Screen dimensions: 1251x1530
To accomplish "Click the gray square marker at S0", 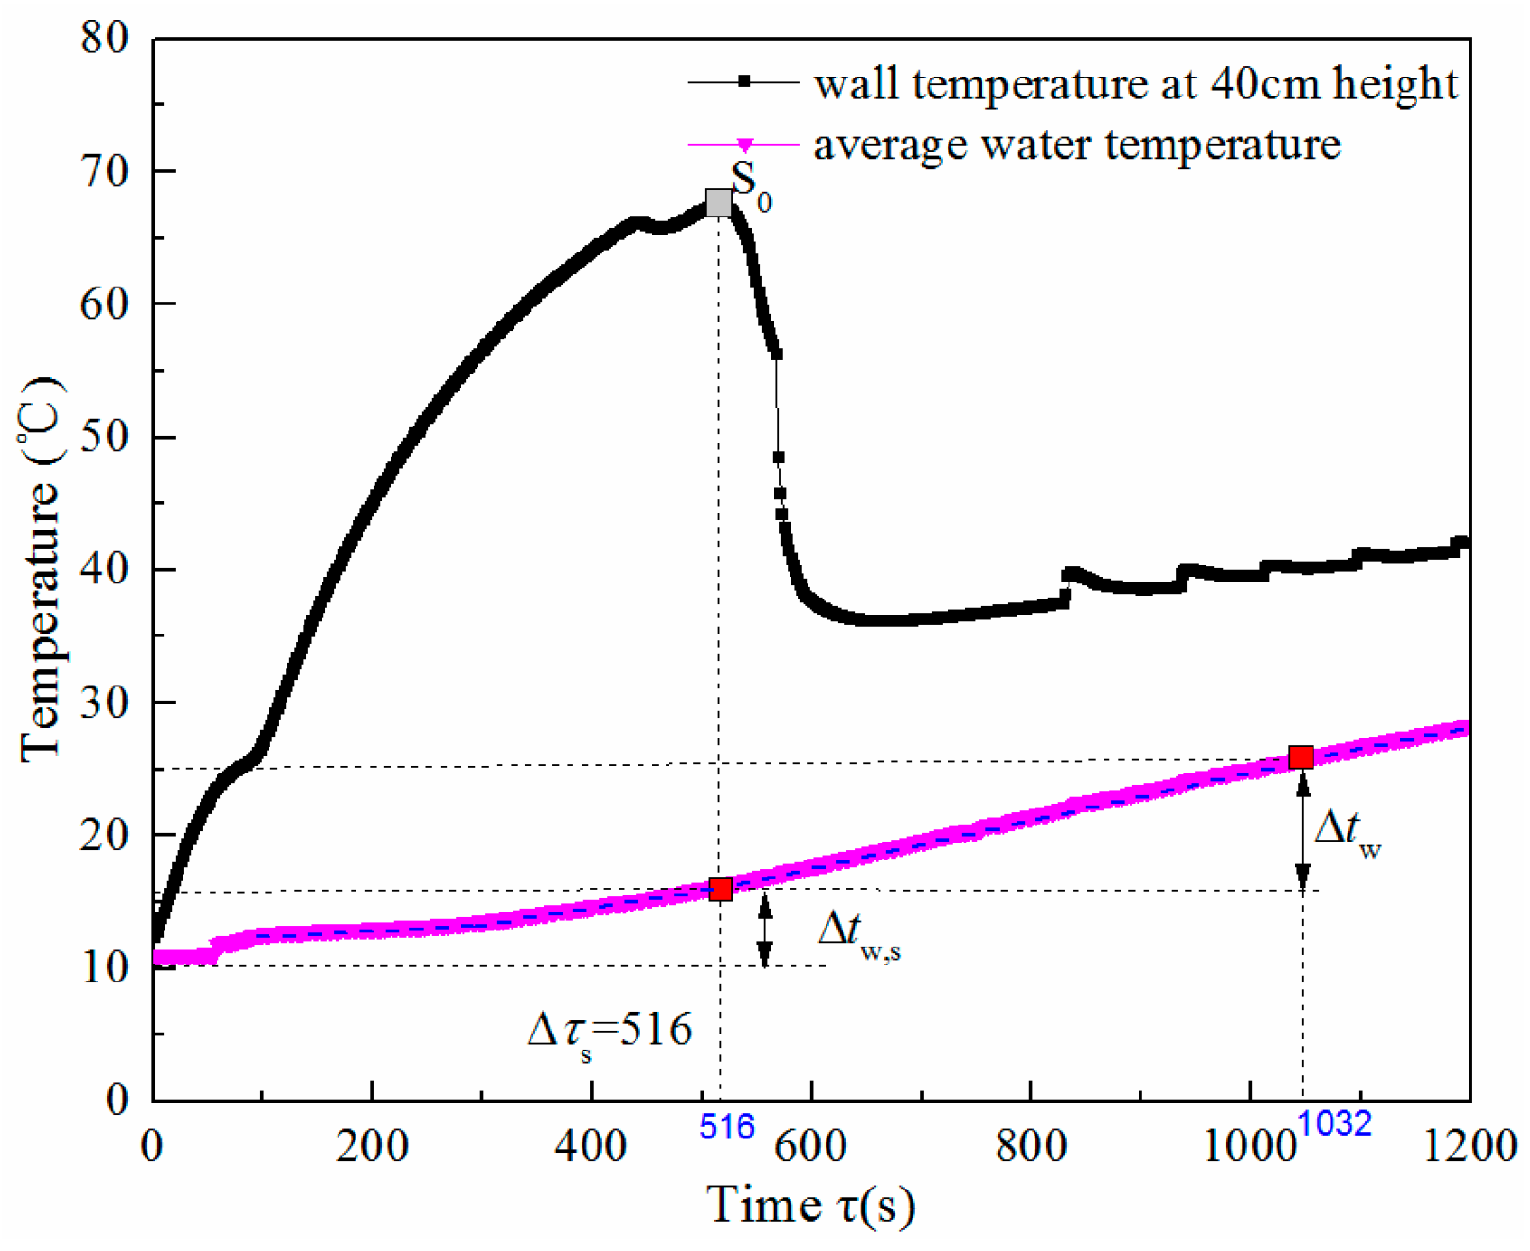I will click(719, 202).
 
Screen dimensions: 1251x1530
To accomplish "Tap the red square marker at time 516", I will click(721, 889).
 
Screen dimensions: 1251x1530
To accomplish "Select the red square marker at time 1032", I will click(1301, 756).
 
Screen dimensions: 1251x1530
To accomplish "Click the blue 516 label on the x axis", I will click(726, 1127).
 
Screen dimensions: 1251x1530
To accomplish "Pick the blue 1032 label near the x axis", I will click(1334, 1123).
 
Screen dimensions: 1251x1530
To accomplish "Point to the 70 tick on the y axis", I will click(105, 171).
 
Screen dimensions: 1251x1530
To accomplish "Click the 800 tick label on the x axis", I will click(1031, 1146).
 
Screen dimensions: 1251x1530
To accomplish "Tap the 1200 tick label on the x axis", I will click(1469, 1146).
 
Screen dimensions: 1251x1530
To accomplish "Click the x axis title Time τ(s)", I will click(811, 1206).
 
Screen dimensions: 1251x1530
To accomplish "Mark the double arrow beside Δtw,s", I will click(765, 930).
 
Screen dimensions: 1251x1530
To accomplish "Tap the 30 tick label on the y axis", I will click(105, 703).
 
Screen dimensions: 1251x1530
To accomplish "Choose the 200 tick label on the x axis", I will click(373, 1146).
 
